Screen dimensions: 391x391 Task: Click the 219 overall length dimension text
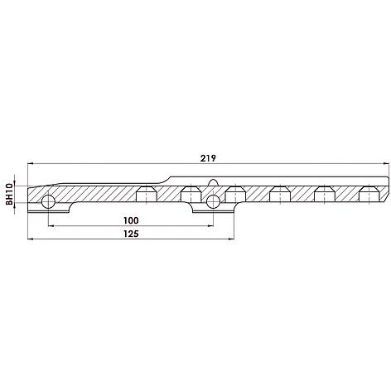point(208,158)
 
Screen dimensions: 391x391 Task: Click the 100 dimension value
point(131,220)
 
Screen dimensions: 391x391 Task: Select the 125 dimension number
point(131,234)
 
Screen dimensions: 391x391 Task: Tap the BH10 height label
point(10,195)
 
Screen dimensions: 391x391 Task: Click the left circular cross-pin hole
point(48,201)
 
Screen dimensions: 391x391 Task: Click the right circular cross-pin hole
point(214,201)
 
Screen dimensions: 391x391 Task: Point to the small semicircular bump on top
point(213,183)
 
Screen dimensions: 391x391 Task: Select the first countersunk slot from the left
point(147,193)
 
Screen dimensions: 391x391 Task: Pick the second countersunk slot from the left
point(191,193)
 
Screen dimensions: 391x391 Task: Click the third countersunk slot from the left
point(235,193)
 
